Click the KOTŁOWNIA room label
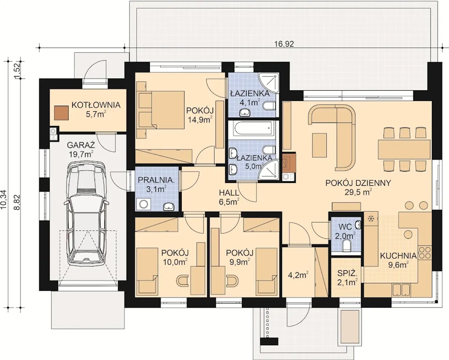96,105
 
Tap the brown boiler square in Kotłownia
61,113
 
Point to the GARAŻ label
81,145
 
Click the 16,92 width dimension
284,44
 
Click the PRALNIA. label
156,180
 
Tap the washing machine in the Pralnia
143,204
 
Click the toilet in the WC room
347,245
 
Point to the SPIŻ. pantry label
347,273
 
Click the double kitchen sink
402,290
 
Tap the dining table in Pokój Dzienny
404,150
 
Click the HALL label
229,193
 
